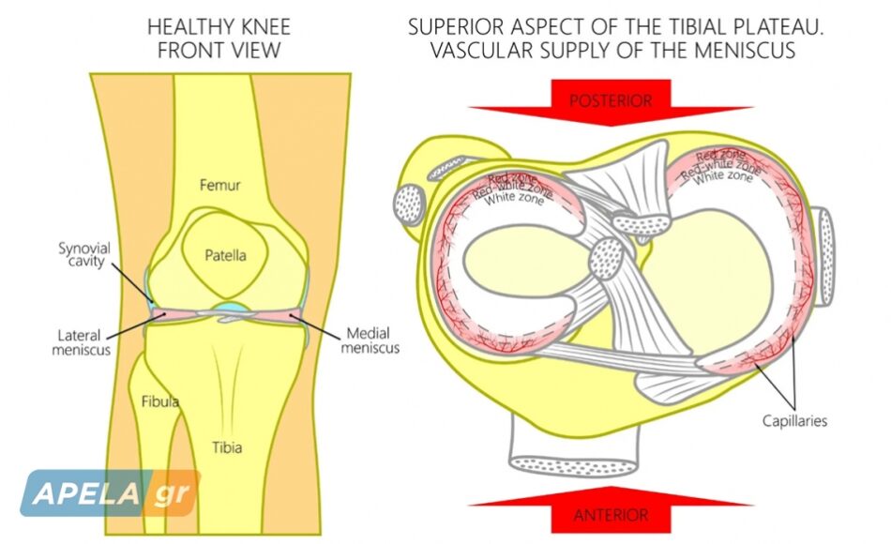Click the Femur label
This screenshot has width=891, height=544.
pos(219,185)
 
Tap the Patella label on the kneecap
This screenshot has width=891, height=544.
pos(226,255)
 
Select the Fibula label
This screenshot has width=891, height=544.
pos(160,401)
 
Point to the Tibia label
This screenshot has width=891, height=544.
pos(227,447)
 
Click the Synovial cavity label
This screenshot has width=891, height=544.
pos(84,255)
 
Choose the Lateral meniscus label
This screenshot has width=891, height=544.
pos(81,342)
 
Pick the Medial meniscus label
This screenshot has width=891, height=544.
pos(370,340)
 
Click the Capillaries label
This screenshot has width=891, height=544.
pos(794,421)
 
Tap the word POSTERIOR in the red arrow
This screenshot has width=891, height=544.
pos(611,101)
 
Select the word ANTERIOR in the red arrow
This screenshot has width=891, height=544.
pos(611,515)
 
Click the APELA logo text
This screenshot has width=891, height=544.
pos(85,493)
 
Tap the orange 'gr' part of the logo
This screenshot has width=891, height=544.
pos(171,493)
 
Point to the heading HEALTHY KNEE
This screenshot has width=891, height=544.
pos(219,26)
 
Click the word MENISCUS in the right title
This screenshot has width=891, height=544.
pos(745,51)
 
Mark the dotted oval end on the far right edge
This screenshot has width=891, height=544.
pos(826,257)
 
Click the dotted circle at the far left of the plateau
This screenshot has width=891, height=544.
pos(409,204)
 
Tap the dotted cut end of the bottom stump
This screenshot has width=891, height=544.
pos(574,466)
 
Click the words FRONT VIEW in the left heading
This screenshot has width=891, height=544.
pos(219,51)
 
